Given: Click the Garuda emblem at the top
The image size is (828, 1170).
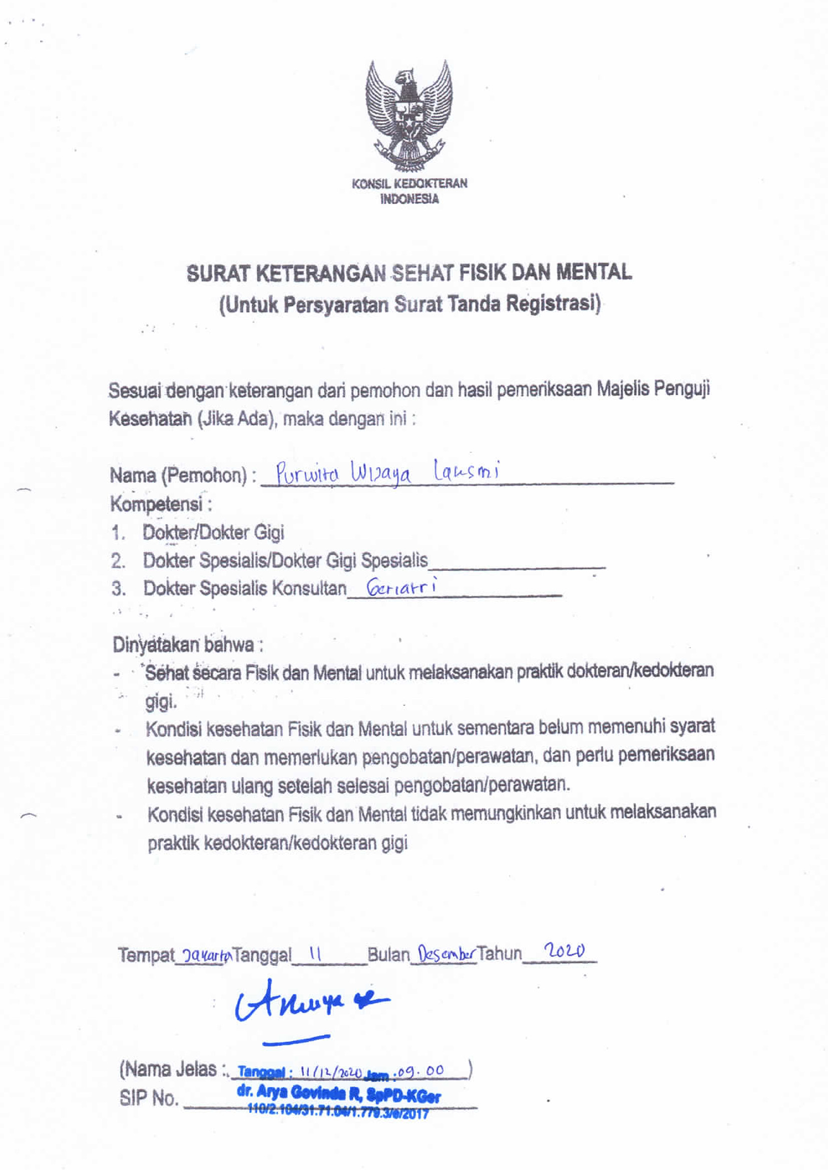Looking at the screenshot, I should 408,116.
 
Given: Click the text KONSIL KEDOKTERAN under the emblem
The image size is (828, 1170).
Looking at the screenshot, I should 409,184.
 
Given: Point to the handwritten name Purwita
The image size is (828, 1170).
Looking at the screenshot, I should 307,474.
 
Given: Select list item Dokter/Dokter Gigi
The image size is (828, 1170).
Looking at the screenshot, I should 213,533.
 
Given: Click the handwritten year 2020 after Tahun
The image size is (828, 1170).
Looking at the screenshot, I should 563,951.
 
